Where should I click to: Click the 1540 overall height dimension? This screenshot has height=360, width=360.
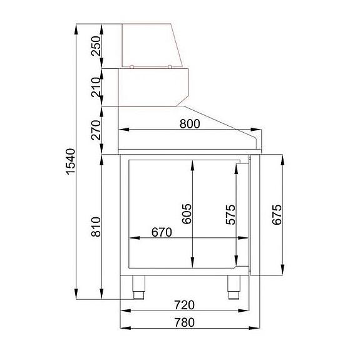point(70,162)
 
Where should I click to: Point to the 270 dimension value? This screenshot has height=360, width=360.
point(96,130)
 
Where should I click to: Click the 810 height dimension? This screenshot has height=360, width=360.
point(96,225)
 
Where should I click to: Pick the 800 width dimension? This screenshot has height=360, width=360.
point(188,123)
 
